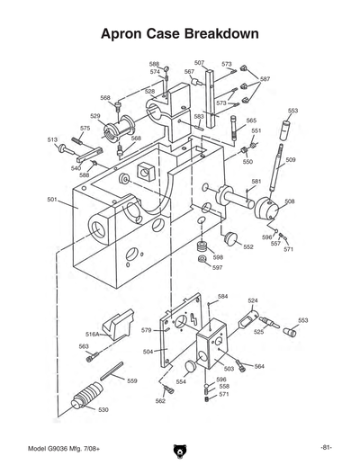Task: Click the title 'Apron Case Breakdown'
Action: [180, 33]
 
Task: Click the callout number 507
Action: [199, 63]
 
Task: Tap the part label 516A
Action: [93, 334]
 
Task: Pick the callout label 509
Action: [291, 160]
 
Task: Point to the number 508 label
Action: [290, 201]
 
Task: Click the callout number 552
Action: [248, 246]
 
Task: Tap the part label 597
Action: [217, 267]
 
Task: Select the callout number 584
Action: [222, 296]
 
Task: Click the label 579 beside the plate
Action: [146, 330]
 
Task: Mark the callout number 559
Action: [131, 380]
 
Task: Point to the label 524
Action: [253, 300]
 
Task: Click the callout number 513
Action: [52, 140]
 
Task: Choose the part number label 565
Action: [250, 120]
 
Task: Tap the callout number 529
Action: [94, 116]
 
